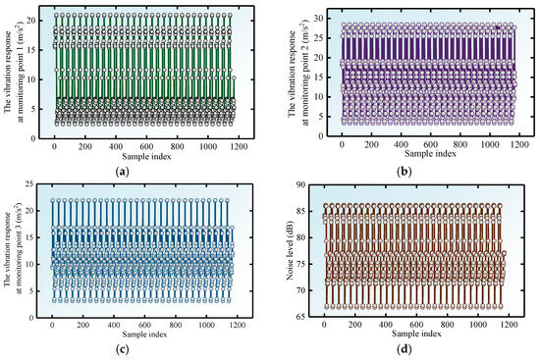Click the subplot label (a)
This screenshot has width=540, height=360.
123,171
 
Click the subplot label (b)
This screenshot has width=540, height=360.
404,171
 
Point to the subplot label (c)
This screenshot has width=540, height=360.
123,349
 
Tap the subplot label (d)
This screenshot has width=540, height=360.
404,349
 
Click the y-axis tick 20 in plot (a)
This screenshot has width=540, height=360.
31,21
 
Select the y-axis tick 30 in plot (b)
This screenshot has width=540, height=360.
318,18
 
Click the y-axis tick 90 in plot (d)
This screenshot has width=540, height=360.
300,184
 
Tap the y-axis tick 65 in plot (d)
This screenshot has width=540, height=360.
300,316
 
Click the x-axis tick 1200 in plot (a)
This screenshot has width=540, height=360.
239,146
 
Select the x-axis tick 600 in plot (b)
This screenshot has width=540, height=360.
430,144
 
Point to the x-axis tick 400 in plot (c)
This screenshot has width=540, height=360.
114,325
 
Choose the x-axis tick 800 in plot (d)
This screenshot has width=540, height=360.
447,325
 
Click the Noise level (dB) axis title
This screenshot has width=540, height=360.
290,250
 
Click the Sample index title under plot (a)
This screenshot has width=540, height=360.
146,156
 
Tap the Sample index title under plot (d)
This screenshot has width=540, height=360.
416,334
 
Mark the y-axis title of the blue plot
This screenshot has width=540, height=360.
13,249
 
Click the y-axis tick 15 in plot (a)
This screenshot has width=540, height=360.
31,50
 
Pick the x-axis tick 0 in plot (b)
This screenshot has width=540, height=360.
342,144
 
